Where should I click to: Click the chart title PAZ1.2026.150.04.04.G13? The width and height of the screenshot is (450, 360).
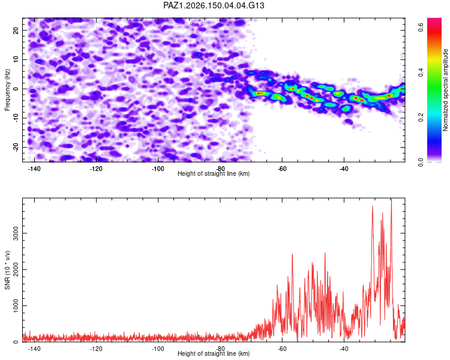(214, 5)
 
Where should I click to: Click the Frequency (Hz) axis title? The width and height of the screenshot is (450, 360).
(7, 90)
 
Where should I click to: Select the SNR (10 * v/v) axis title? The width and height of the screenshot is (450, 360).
(7, 270)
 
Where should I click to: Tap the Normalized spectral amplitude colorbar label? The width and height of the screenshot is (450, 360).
(445, 90)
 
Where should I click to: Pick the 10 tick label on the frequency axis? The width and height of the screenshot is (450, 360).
(16, 59)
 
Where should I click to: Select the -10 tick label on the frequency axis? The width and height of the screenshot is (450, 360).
(16, 118)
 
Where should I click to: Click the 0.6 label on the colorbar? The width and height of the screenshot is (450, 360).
(421, 28)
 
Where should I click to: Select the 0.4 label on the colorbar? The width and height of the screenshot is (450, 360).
(421, 73)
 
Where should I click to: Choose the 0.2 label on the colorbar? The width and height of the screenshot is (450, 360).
(421, 118)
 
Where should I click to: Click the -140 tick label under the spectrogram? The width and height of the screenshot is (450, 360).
(34, 169)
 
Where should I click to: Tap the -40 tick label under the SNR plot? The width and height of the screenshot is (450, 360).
(344, 349)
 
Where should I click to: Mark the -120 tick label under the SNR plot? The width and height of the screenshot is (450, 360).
(96, 349)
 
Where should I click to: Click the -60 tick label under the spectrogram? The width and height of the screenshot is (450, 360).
(282, 169)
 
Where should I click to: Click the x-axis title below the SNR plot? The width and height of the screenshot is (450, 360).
(214, 353)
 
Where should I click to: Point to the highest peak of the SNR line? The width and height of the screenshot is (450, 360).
(391, 199)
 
